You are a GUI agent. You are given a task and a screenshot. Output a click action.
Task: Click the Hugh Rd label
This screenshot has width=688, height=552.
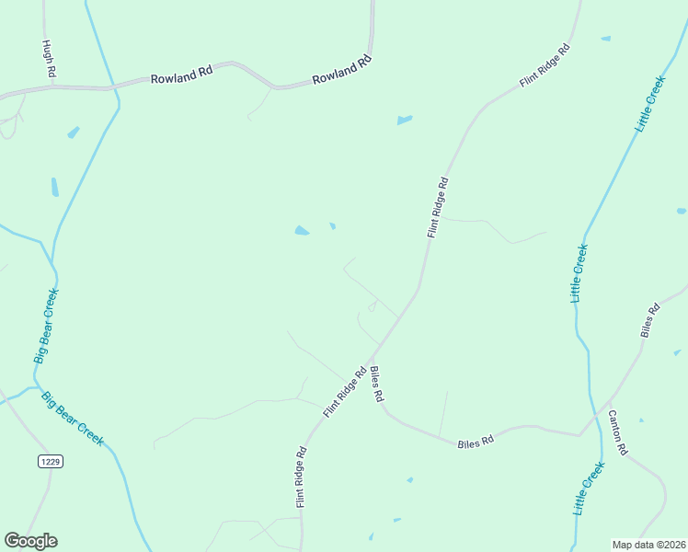coord(49,58)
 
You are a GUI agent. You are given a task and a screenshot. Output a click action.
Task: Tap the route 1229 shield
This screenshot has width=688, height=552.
coord(51,461)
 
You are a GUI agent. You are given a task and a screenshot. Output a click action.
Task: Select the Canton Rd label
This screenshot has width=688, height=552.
coord(617,432)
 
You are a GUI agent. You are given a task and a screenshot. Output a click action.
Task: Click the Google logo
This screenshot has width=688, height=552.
coord(30,541)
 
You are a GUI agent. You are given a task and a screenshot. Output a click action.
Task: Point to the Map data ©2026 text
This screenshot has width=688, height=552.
coord(648,545)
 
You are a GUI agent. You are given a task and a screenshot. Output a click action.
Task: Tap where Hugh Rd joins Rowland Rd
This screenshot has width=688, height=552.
coord(53,87)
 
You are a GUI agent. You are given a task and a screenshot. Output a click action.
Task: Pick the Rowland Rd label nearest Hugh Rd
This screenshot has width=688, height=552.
coord(182,78)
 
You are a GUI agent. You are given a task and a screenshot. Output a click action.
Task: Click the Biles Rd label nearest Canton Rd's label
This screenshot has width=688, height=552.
coord(650,321)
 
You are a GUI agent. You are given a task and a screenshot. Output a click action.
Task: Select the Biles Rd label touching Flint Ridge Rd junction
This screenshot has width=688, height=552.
coord(376,385)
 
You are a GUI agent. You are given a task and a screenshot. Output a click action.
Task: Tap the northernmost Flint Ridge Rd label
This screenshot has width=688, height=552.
coord(545,65)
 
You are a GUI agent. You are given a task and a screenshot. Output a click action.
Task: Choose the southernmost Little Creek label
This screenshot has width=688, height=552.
coord(589,488)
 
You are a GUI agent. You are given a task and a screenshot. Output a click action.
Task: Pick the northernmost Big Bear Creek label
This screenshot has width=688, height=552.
coord(46,326)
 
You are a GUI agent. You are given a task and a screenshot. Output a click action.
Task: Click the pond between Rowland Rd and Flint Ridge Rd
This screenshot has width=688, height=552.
coord(404,120)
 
